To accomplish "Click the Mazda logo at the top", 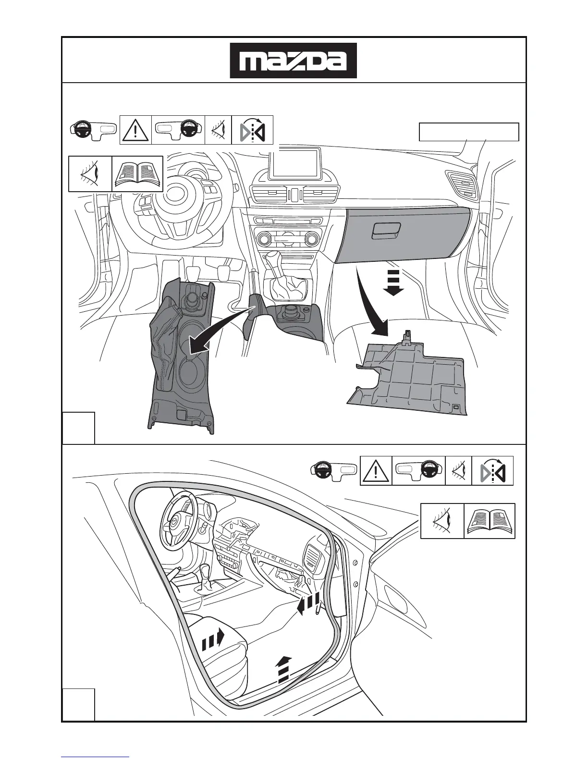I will pyautogui.click(x=293, y=61).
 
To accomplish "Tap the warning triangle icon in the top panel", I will pyautogui.click(x=135, y=130).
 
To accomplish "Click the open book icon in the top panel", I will pyautogui.click(x=137, y=173).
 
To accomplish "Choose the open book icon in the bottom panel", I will pyautogui.click(x=490, y=521).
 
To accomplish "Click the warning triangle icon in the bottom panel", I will pyautogui.click(x=376, y=471).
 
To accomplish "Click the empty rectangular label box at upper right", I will pyautogui.click(x=469, y=132).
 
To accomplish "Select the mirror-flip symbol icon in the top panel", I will pyautogui.click(x=252, y=130).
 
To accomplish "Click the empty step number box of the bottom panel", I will pyautogui.click(x=78, y=704).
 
